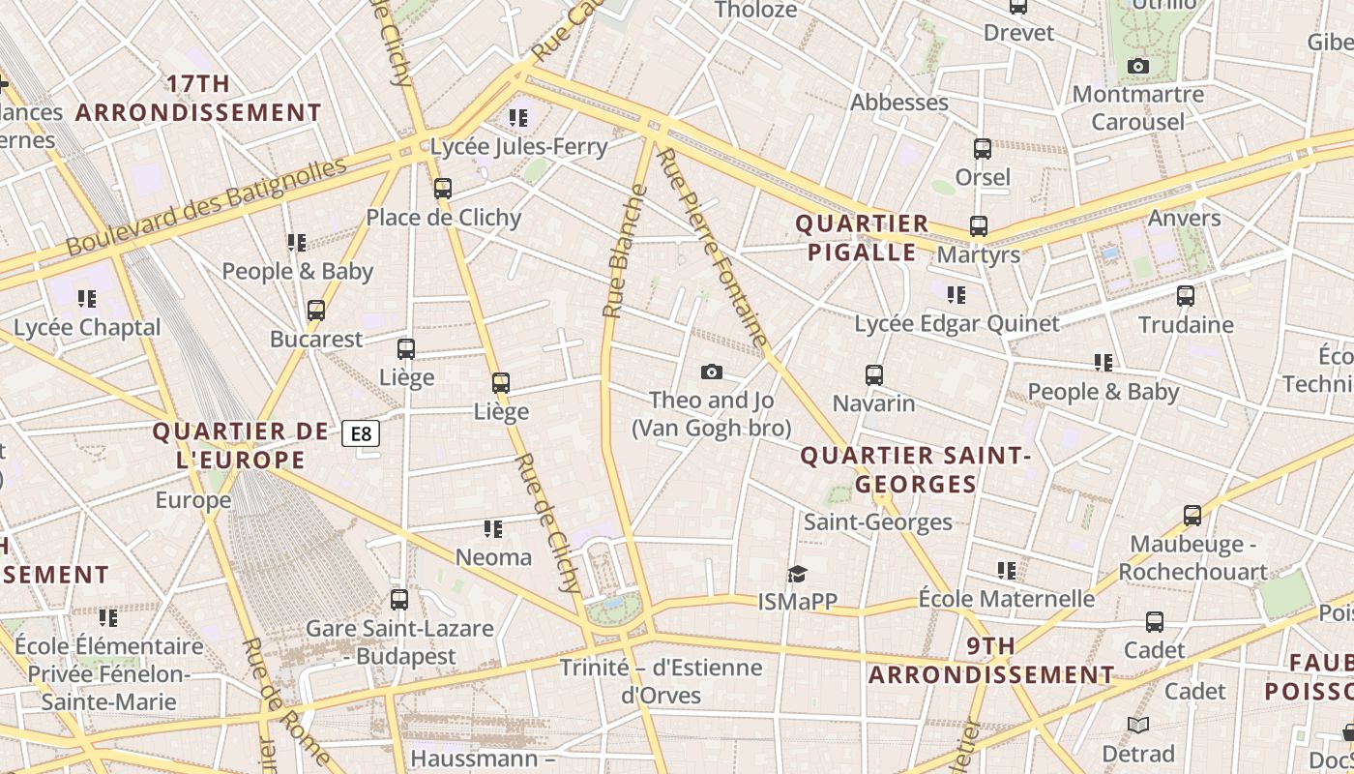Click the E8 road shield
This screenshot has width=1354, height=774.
click(x=361, y=433)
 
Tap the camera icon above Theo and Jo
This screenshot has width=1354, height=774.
click(x=711, y=372)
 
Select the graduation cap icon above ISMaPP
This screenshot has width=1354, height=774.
click(x=797, y=575)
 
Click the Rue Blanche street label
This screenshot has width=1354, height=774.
click(x=625, y=252)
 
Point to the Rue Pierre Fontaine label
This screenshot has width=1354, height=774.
click(x=713, y=247)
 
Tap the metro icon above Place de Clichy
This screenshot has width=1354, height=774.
click(x=443, y=189)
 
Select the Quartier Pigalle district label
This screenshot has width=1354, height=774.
click(x=861, y=238)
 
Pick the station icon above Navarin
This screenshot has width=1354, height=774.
click(x=874, y=375)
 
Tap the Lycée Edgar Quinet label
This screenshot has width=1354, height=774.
click(x=957, y=323)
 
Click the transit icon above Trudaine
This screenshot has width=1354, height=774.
click(x=1186, y=296)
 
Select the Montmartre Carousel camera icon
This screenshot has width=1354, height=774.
click(x=1138, y=67)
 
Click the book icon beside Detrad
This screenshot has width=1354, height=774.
click(x=1138, y=725)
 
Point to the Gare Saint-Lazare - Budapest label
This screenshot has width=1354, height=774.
click(x=399, y=641)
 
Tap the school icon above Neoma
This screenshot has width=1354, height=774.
click(x=493, y=529)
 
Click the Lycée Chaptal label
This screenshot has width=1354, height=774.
click(x=87, y=327)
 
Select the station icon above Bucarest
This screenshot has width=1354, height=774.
click(x=316, y=312)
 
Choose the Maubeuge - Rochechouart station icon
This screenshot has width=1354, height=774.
click(x=1192, y=516)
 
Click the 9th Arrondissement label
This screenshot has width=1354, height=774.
click(x=991, y=660)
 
